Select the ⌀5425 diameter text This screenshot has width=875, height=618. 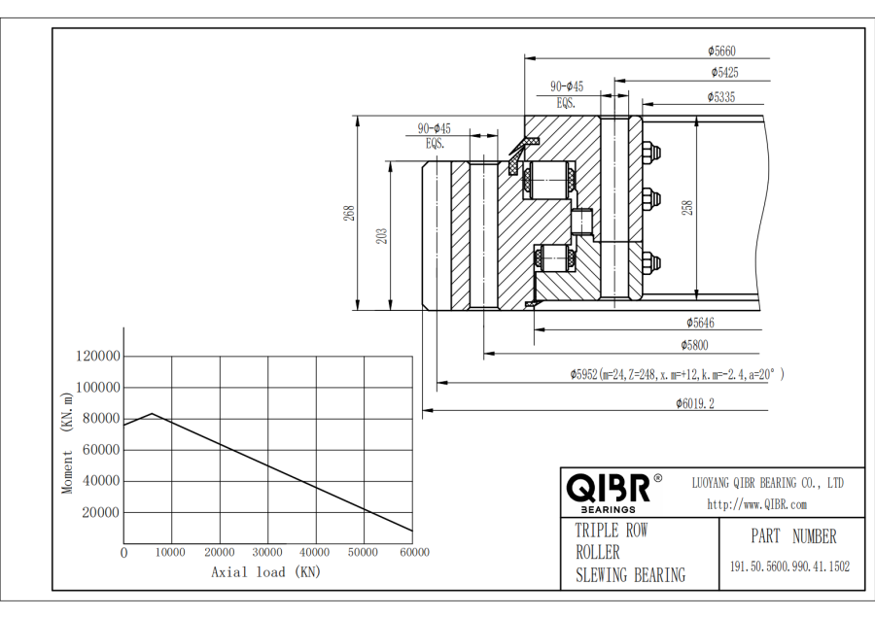point(724,73)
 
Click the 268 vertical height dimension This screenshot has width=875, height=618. point(348,213)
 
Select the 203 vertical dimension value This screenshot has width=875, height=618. point(381,235)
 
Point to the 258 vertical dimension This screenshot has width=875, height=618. point(688,207)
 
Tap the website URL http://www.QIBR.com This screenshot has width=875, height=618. point(756,504)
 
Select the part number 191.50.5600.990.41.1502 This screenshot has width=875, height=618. point(789,566)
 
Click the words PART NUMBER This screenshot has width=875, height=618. point(793,536)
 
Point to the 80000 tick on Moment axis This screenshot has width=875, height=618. point(97,419)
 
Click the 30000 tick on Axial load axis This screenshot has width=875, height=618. point(267,552)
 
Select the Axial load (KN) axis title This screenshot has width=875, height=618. point(265,572)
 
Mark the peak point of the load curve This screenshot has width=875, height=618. point(152,413)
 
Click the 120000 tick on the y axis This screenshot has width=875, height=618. point(95,357)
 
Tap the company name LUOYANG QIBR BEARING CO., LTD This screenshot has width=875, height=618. point(767,483)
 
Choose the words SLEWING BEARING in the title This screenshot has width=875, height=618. point(630,575)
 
